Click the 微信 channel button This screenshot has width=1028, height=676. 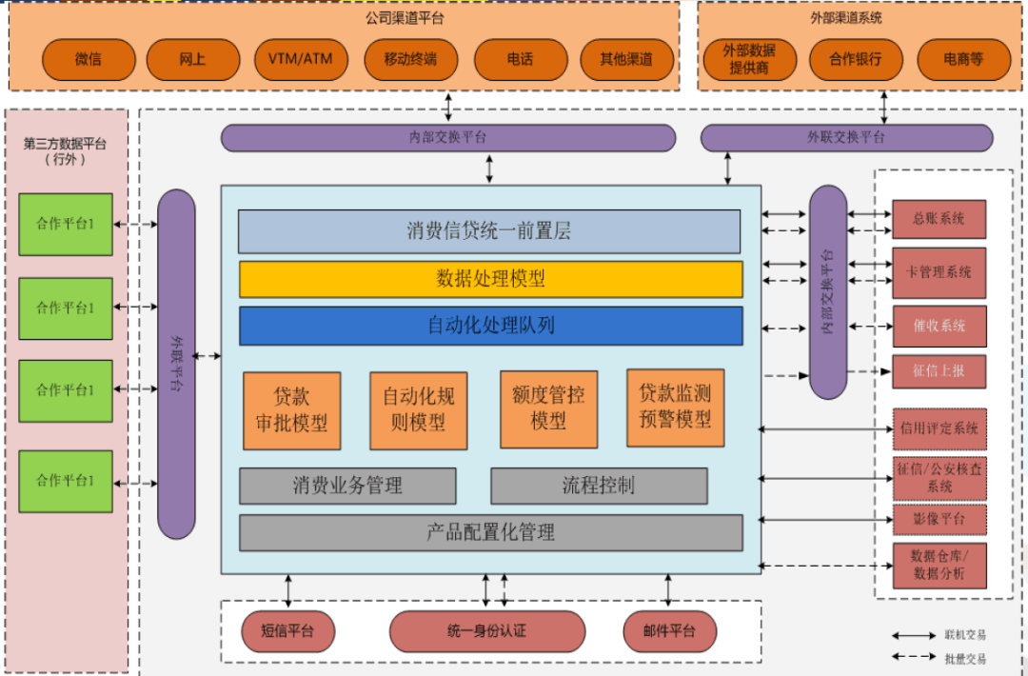[x=89, y=59]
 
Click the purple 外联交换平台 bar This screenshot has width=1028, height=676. [x=846, y=137]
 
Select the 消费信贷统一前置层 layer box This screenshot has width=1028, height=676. [x=489, y=231]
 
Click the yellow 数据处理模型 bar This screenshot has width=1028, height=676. [x=490, y=279]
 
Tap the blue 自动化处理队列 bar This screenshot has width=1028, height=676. [x=490, y=326]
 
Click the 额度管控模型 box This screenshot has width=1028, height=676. [x=548, y=408]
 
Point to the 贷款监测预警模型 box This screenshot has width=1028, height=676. [x=675, y=408]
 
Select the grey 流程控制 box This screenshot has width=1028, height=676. [x=599, y=486]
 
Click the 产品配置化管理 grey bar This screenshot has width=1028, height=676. [x=490, y=532]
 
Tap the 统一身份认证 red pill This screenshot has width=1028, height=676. [x=487, y=631]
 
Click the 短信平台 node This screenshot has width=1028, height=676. [x=287, y=631]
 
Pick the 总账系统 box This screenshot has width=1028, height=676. [x=939, y=219]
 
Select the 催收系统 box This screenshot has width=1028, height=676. [x=939, y=326]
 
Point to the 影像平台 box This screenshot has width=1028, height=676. [x=939, y=519]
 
